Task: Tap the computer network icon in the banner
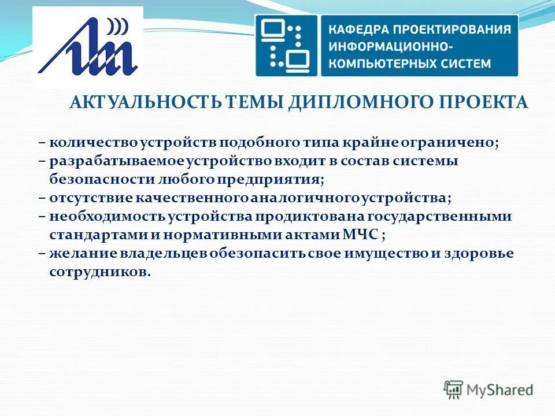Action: [x=287, y=45]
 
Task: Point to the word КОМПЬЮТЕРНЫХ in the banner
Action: [x=379, y=63]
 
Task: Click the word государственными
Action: [x=447, y=216]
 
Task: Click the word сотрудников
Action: [x=99, y=272]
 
